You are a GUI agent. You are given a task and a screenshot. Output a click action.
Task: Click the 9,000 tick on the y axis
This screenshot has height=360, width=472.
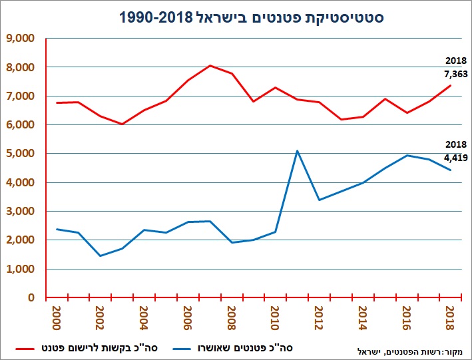21,39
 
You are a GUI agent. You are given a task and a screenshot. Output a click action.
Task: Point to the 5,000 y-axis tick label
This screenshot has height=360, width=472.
21,154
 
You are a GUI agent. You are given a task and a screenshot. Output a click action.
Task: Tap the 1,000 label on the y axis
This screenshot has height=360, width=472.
21,269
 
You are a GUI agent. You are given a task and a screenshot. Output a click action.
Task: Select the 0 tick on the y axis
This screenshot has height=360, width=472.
31,297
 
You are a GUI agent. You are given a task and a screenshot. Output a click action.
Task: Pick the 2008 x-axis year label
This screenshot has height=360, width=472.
231,315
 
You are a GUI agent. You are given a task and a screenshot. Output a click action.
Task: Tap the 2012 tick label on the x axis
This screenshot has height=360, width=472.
319,315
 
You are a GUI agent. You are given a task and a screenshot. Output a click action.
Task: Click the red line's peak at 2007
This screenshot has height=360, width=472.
210,65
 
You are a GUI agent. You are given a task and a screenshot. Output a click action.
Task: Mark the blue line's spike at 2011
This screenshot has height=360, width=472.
297,150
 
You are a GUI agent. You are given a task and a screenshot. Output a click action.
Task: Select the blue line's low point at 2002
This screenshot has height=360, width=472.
100,256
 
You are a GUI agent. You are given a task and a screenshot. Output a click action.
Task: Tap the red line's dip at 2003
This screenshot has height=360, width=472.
122,124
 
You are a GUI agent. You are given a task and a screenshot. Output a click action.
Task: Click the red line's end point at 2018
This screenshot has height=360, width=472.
451,85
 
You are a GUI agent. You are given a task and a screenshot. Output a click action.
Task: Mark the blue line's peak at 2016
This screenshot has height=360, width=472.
407,155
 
